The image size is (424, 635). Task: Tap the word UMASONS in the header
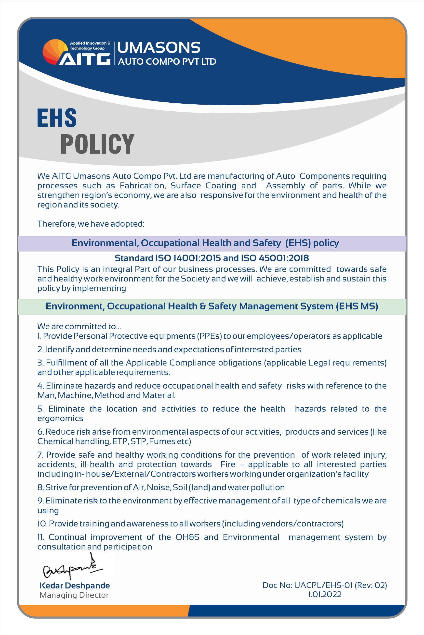(159, 48)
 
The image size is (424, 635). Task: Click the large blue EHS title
(57, 118)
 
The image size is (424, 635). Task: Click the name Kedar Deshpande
(75, 586)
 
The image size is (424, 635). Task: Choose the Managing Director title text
(74, 595)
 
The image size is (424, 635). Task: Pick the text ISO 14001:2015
(188, 258)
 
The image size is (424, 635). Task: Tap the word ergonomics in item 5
(60, 418)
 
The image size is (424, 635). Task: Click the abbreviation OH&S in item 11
(187, 537)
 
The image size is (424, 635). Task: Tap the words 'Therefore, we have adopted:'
(91, 224)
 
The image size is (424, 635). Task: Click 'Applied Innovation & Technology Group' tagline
(90, 46)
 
